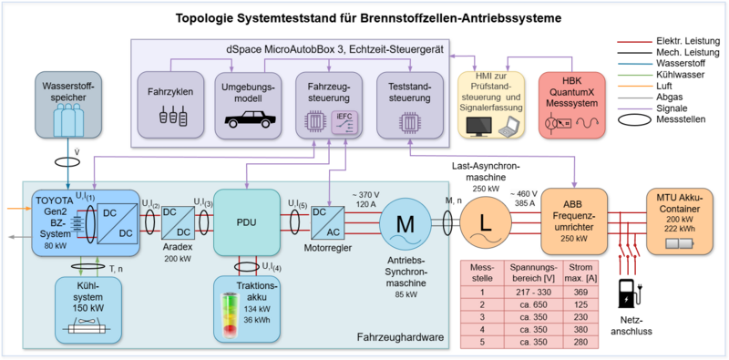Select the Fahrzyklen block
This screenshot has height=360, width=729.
click(168, 108)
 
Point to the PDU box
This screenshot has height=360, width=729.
click(244, 221)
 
